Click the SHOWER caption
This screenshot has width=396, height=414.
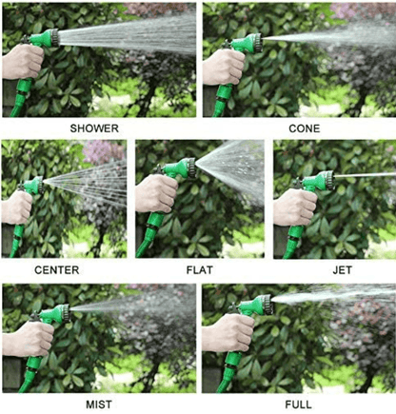tap(98, 127)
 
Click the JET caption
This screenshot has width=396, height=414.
tap(342, 270)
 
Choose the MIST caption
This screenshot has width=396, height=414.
tap(99, 404)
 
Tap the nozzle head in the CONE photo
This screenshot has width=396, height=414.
tap(252, 42)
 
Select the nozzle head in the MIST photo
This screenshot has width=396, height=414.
tap(60, 310)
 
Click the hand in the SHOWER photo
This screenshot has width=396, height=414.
tap(21, 62)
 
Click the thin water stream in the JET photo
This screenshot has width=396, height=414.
tap(366, 175)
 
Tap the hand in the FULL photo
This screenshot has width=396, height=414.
tap(225, 333)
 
